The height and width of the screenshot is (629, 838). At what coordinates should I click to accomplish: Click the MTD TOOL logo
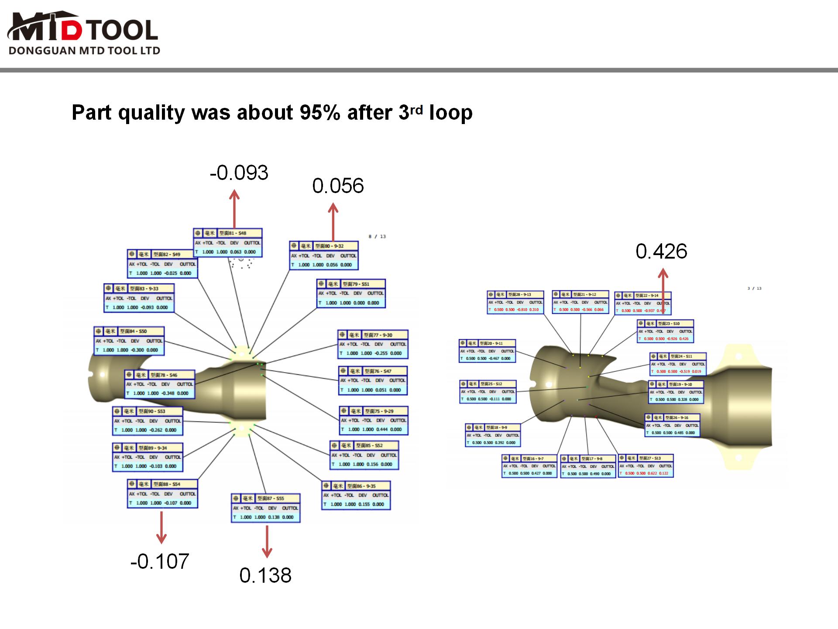tap(83, 27)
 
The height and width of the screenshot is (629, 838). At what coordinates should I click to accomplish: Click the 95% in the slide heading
tap(319, 113)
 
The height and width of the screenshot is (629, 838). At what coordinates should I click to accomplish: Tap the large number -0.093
tap(239, 173)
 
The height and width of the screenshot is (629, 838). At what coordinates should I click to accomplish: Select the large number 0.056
tap(338, 186)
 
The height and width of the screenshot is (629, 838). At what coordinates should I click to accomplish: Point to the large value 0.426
tap(661, 252)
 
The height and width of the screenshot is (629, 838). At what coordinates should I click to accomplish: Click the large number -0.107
tap(160, 561)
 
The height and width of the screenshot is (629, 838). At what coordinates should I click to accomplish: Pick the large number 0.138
tap(265, 575)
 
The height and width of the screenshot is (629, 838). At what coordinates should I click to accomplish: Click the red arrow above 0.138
tap(267, 542)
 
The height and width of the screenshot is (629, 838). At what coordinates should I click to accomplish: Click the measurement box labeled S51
tap(351, 294)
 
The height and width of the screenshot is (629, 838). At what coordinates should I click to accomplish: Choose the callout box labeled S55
tap(265, 508)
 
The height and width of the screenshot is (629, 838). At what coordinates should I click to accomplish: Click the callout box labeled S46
tap(159, 384)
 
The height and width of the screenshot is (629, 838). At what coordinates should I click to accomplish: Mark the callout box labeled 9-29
tap(374, 421)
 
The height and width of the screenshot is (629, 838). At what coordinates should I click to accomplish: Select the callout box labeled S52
tap(364, 455)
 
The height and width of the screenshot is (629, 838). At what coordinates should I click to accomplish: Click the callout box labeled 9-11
tap(488, 351)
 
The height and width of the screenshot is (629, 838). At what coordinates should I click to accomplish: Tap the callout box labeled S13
tap(646, 466)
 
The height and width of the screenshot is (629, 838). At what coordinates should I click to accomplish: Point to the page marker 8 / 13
tap(377, 237)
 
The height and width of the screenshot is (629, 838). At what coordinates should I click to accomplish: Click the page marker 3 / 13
tap(754, 288)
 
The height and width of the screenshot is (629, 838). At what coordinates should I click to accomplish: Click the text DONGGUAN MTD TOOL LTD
tap(84, 51)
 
